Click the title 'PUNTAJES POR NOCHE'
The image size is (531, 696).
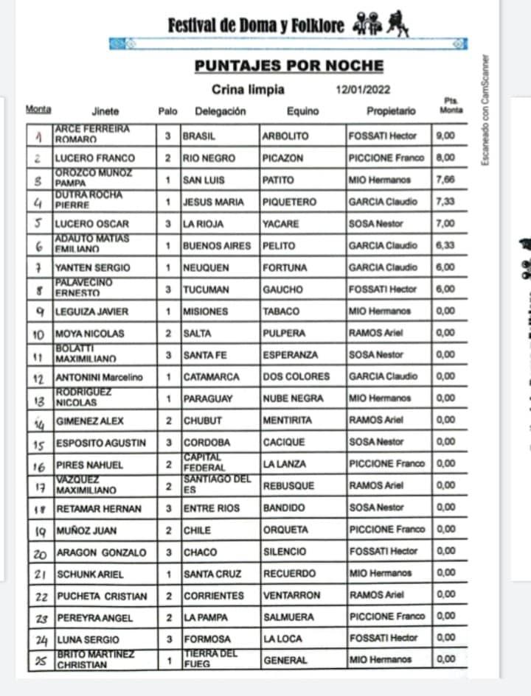[289, 66]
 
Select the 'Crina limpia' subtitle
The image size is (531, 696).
[248, 91]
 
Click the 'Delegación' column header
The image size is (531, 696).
[220, 112]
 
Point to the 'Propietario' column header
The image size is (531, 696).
[391, 112]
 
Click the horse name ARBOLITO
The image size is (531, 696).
[285, 136]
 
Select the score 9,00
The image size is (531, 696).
[446, 136]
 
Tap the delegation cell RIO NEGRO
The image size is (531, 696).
[209, 158]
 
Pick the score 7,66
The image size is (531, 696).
[446, 180]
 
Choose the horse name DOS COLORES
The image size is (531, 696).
[296, 376]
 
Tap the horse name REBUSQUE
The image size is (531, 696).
[288, 486]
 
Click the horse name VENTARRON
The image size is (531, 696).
[291, 595]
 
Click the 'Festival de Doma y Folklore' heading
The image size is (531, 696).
[256, 26]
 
